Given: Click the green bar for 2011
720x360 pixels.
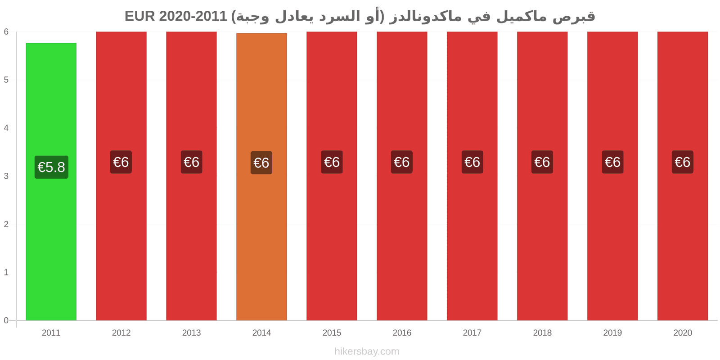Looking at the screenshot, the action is coord(51,182).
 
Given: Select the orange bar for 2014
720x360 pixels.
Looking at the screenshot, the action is coord(261,177).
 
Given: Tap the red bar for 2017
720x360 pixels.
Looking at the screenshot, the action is coord(472,176).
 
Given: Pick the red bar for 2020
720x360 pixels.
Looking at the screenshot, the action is coord(683,176).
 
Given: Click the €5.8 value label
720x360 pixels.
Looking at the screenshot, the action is coord(51,167).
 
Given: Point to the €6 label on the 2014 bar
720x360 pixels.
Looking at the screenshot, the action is coord(261,162).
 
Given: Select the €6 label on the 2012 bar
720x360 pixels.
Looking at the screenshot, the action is coord(121,162).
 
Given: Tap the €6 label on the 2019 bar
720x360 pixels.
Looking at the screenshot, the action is coord(612,162).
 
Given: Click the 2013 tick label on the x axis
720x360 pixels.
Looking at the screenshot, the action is coord(191,333).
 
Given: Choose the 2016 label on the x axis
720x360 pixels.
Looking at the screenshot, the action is coord(402,333).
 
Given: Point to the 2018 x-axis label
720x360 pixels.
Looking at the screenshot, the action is coord(542,333).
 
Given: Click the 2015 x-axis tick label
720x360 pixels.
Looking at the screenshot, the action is coord(332,333).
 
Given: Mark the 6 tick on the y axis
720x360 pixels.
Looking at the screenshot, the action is coord(6,31).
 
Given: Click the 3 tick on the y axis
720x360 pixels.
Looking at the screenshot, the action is coord(6,176).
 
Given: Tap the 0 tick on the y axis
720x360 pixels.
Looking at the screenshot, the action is coord(6,320).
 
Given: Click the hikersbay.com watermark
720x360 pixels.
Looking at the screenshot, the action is coord(367,351).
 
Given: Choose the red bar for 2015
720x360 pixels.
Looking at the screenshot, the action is coord(332,176).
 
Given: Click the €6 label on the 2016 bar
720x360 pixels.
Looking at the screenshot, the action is coord(402,162).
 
